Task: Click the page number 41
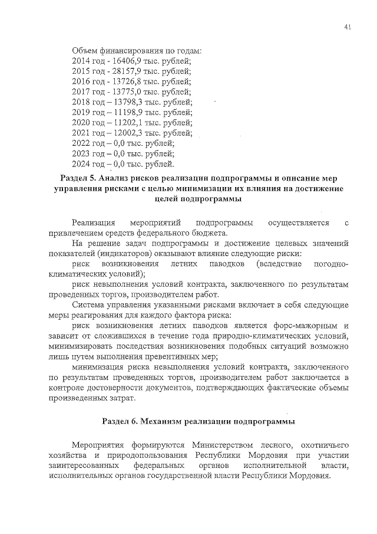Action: pyautogui.click(x=348, y=27)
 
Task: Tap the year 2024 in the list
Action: pyautogui.click(x=81, y=163)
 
